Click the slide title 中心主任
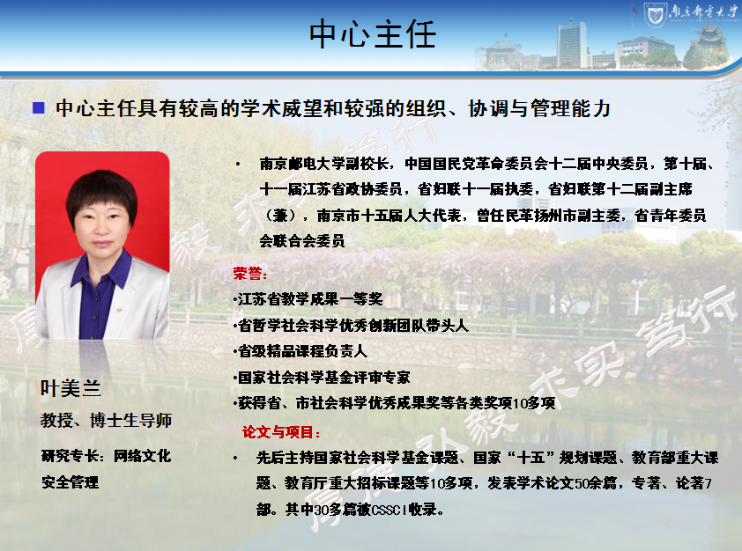coord(373,34)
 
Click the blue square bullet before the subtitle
coord(38,108)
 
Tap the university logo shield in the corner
coord(655,15)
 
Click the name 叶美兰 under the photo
coord(70,388)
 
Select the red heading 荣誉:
coord(250,273)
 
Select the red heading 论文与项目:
coord(281,432)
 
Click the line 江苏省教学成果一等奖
coord(309,299)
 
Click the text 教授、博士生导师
coord(106,420)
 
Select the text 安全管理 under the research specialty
coord(70,482)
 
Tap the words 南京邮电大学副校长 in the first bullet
coord(323,164)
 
